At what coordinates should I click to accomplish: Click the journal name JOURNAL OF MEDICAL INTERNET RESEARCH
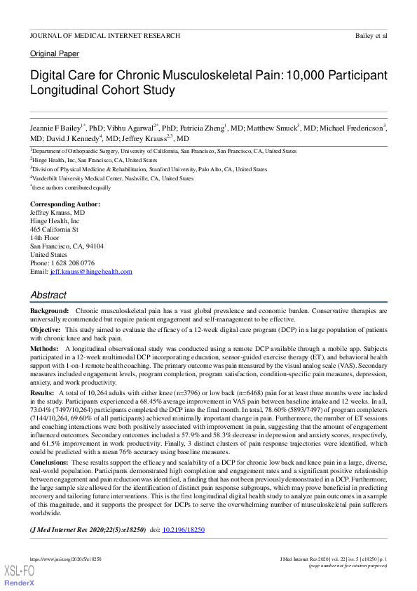105,35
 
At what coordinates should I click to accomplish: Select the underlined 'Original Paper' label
55,54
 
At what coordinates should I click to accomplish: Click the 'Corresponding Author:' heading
65,204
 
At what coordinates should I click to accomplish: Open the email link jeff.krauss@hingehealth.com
90,272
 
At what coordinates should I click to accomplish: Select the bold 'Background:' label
49,310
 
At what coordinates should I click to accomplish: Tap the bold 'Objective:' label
46,329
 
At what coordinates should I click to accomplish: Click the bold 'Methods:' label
44,348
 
